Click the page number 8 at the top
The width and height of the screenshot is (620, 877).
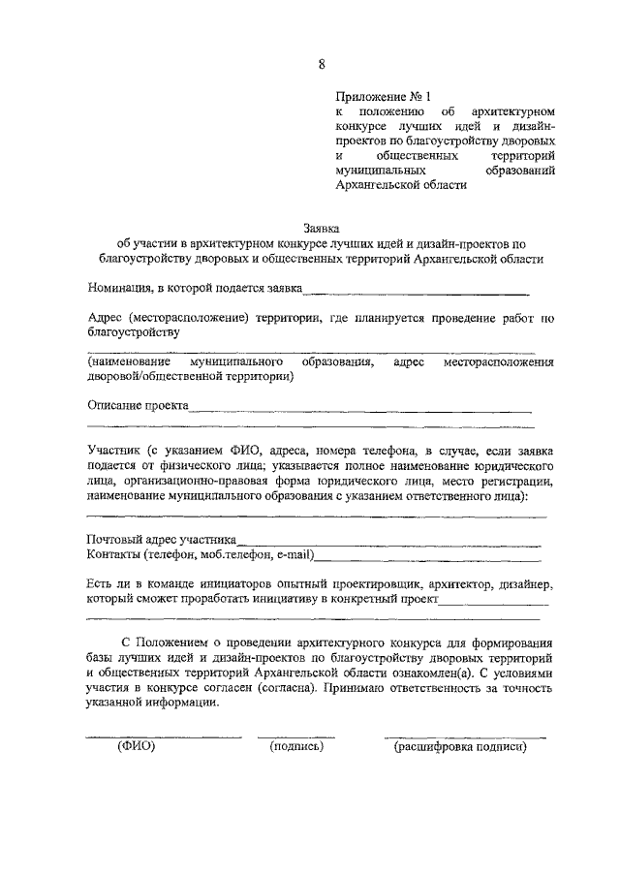coord(321,64)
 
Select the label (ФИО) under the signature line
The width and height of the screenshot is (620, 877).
coord(137,746)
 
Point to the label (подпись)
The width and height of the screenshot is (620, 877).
coord(295,746)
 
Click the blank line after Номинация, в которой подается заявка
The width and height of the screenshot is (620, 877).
coord(417,291)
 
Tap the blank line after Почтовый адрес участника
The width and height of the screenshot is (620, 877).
coord(389,545)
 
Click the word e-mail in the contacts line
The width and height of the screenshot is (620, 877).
coord(294,556)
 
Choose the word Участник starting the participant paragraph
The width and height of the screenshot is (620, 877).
coord(114,451)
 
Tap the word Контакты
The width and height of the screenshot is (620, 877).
coord(114,556)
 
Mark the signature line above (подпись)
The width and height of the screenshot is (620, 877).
coord(295,736)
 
